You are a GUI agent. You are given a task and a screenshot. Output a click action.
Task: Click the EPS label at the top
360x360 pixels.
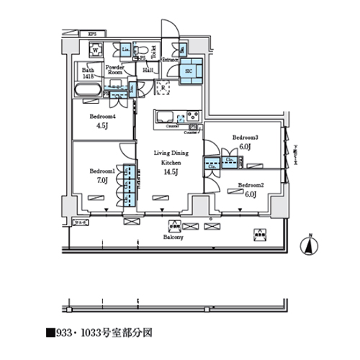click(x=91, y=34)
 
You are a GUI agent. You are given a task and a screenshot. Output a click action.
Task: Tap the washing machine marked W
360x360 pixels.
click(x=94, y=50)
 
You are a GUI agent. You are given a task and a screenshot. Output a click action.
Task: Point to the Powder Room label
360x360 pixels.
click(x=116, y=70)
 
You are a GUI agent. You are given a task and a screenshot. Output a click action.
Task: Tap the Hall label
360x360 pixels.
click(x=148, y=71)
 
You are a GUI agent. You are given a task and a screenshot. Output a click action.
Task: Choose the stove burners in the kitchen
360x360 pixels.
click(x=193, y=116)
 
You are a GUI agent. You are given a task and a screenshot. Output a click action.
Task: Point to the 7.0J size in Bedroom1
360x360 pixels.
click(x=102, y=181)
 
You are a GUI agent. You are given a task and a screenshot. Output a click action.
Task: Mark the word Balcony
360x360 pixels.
click(x=173, y=236)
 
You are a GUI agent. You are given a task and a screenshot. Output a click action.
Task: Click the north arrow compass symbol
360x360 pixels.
click(x=308, y=245)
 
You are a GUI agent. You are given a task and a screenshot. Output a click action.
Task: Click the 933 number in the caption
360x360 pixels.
click(x=66, y=334)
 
